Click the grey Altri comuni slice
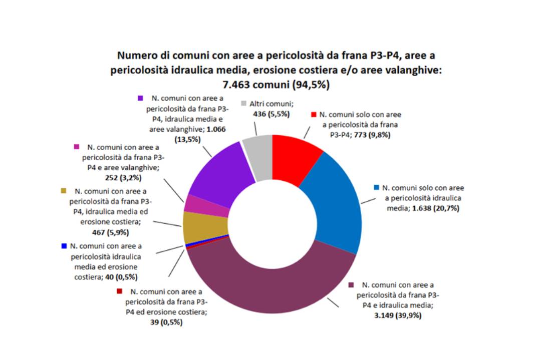[258, 158]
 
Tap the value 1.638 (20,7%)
[433, 207]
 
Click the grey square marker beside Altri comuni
[244, 104]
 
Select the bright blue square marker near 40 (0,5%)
[64, 246]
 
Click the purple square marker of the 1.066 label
[141, 98]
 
